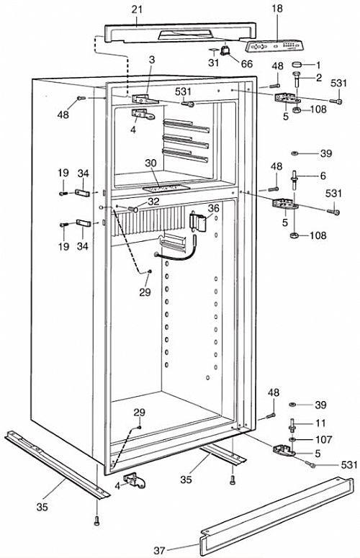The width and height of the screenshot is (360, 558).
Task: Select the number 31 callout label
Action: (x=214, y=63)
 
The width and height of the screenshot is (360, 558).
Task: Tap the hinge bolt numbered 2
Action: (x=297, y=79)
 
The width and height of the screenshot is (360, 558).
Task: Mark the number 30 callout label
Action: (x=150, y=163)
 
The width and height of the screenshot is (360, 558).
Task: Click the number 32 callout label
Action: (x=153, y=202)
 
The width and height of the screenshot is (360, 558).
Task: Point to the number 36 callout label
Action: (x=214, y=208)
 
